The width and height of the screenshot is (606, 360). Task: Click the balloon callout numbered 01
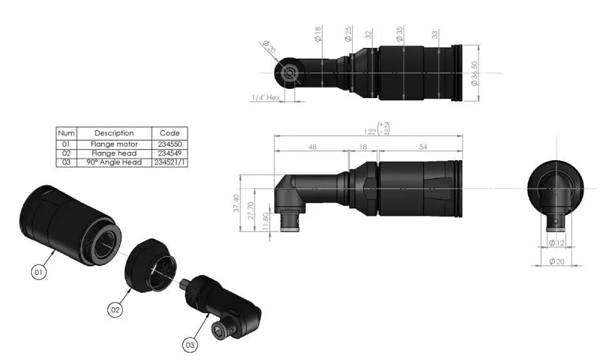click(x=39, y=272)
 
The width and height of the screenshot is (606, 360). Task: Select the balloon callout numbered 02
click(x=116, y=310)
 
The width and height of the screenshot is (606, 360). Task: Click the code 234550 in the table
click(x=170, y=144)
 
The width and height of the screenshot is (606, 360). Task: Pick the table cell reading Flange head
click(x=114, y=153)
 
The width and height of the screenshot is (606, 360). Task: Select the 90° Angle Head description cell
click(x=114, y=163)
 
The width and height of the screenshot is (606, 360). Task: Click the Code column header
click(x=170, y=133)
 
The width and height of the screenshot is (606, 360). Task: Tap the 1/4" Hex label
click(x=266, y=98)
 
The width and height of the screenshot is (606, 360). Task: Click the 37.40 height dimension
click(x=237, y=202)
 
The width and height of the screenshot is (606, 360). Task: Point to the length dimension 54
click(x=423, y=147)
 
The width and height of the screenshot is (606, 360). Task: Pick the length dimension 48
click(x=312, y=147)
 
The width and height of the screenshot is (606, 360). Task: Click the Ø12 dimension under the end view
click(x=557, y=243)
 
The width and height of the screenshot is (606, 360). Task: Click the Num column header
click(x=66, y=133)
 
